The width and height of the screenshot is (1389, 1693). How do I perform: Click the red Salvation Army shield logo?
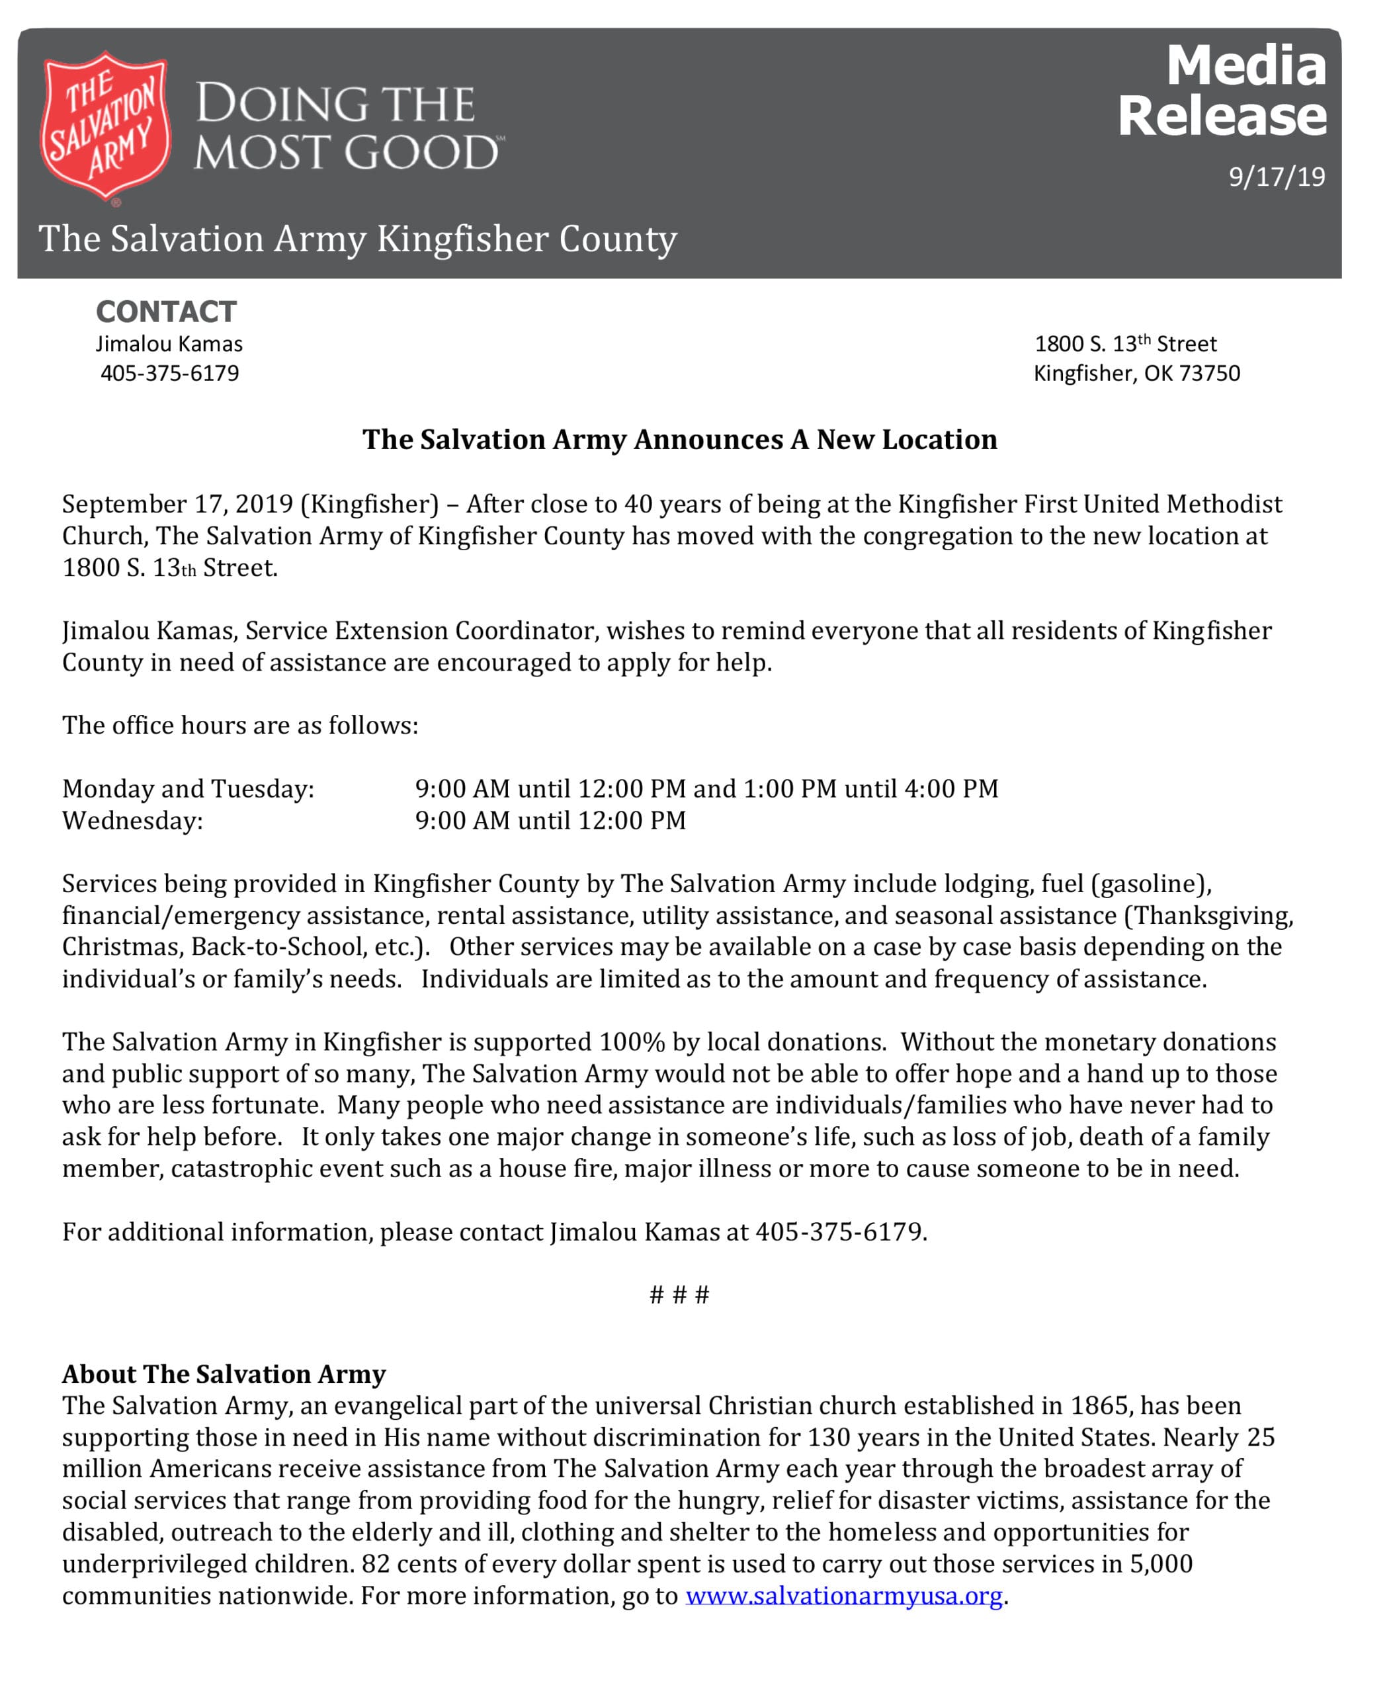tap(106, 126)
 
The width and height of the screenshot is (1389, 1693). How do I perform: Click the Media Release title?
tap(1222, 91)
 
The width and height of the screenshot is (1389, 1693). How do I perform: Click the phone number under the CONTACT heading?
tap(169, 373)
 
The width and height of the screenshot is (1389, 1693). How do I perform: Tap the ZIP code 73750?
tap(1209, 373)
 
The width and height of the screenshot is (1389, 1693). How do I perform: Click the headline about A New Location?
tap(679, 439)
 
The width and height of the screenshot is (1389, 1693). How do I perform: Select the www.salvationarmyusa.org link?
tap(843, 1594)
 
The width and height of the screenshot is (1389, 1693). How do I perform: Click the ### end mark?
tap(679, 1294)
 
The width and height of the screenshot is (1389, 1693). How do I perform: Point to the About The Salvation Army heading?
tap(224, 1373)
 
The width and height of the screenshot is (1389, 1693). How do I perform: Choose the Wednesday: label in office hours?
tap(133, 820)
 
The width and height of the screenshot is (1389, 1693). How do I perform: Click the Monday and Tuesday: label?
tap(188, 788)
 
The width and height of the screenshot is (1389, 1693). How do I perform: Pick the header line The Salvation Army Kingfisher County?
tap(358, 239)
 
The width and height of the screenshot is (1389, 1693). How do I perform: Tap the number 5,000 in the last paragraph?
tap(1160, 1563)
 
